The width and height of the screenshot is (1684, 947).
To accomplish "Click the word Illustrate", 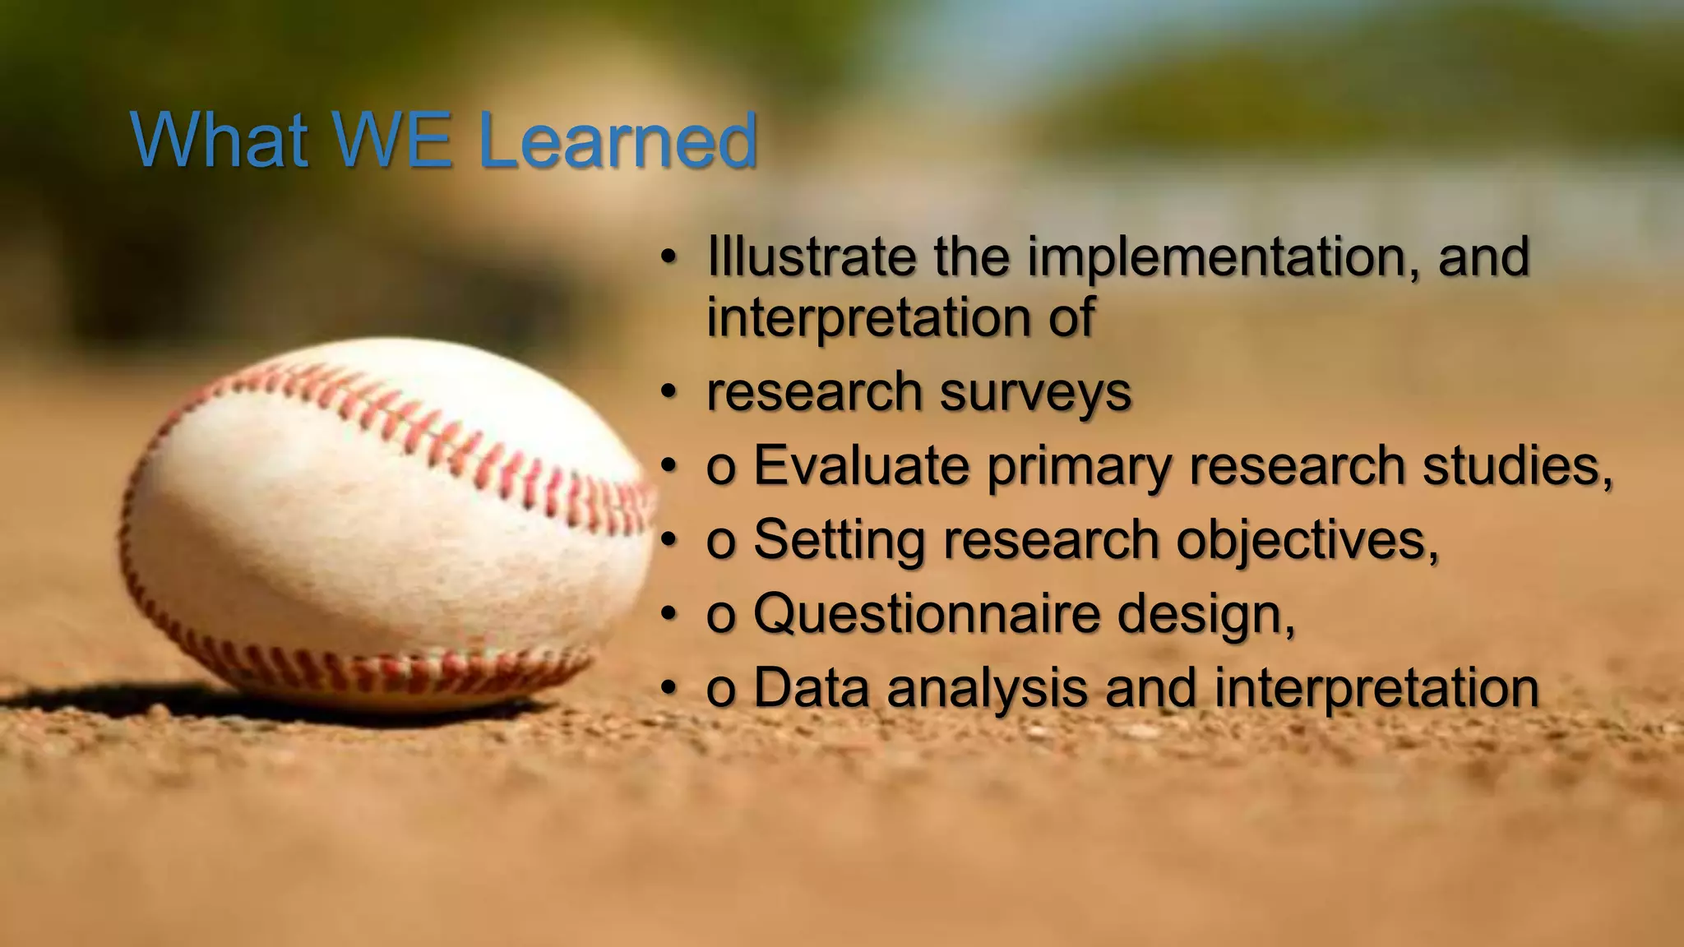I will coord(811,256).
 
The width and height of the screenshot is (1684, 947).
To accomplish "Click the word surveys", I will coord(1035,392).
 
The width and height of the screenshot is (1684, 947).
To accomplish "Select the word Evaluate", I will coord(861,466).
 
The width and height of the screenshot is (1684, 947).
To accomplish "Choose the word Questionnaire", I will coord(926,614).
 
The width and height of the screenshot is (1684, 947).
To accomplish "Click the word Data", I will coord(811,688).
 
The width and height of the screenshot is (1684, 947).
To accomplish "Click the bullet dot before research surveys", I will coord(669,390).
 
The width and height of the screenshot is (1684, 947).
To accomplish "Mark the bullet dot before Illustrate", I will coord(669,256).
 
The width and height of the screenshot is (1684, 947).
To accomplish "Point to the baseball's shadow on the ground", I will coord(99,699).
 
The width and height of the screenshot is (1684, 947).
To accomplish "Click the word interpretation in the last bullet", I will coord(1376,689).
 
